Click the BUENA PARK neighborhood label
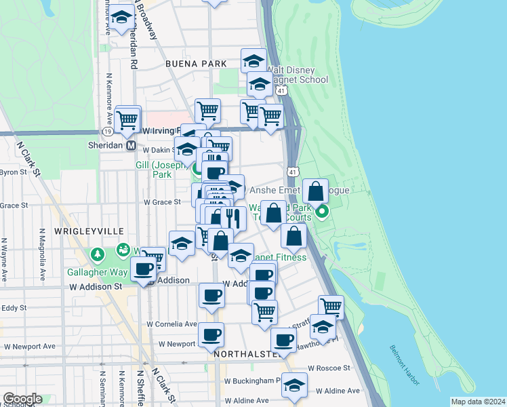195,63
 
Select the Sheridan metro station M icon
131,145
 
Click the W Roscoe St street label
328,368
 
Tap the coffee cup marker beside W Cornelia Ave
211,296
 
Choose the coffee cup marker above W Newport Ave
211,334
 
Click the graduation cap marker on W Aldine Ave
294,385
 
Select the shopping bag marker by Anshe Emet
316,191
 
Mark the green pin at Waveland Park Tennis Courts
323,216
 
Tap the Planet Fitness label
279,257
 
